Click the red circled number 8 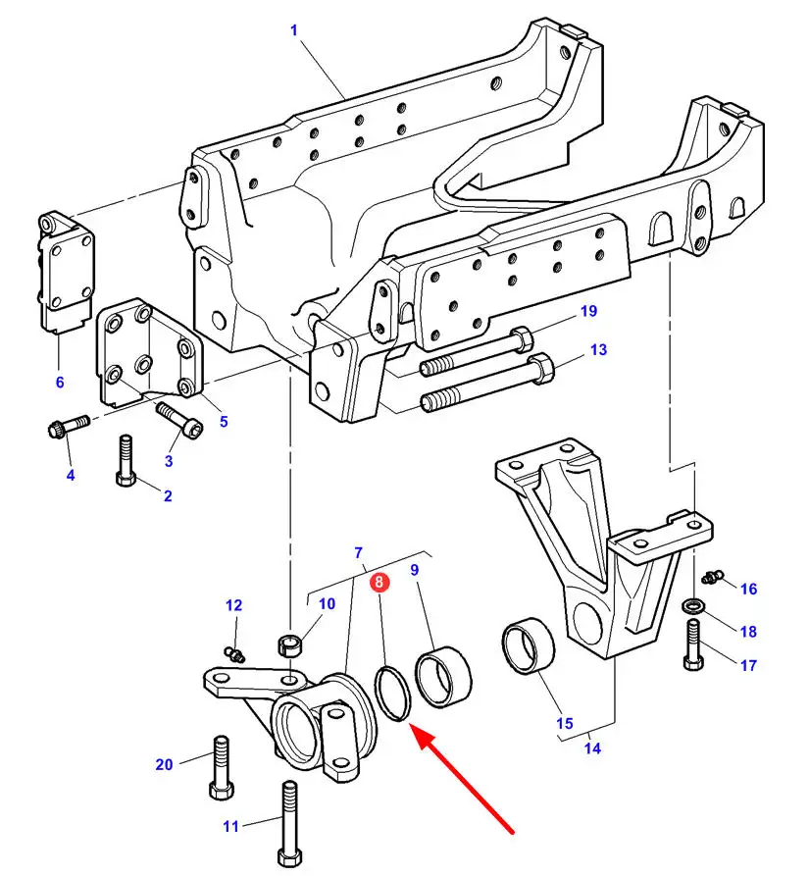click(x=379, y=582)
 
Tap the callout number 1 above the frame click(x=294, y=30)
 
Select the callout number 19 click(x=589, y=311)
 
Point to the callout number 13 click(x=598, y=350)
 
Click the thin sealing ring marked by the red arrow click(x=393, y=693)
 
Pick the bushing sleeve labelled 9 click(x=444, y=676)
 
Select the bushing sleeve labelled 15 click(x=529, y=645)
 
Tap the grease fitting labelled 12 click(x=234, y=653)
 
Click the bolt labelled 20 click(x=221, y=768)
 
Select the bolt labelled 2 click(x=126, y=460)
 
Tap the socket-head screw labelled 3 click(x=179, y=420)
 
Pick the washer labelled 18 click(x=692, y=606)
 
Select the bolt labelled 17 click(x=693, y=645)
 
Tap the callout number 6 click(x=60, y=383)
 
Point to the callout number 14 click(x=592, y=747)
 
